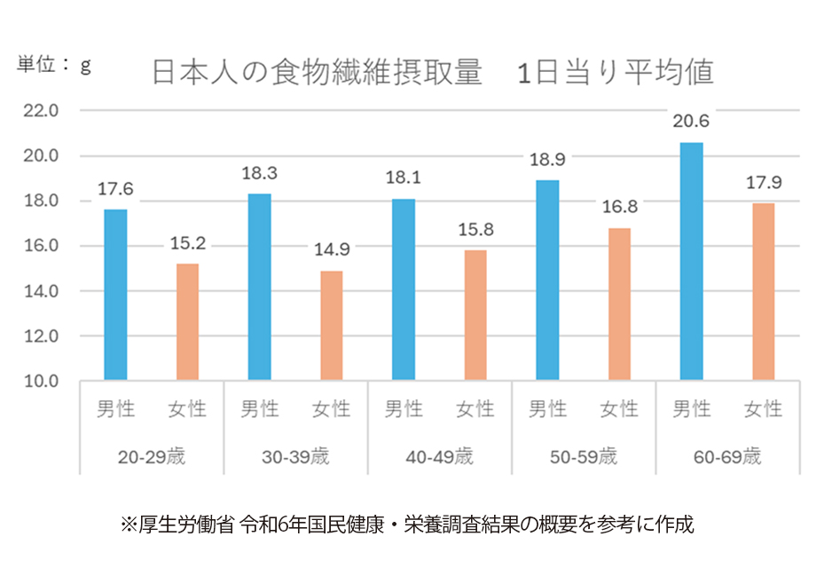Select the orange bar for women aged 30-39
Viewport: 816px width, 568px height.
pos(331,326)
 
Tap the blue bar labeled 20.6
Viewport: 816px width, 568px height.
pos(691,262)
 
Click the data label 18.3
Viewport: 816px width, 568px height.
pos(259,174)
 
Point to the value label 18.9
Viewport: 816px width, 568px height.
pos(547,161)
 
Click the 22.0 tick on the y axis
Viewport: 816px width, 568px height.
pos(40,111)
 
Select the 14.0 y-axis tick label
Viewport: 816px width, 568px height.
pos(40,291)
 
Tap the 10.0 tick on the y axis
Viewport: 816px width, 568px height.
pos(40,382)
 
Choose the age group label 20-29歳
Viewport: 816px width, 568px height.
pos(151,458)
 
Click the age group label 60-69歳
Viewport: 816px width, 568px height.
pos(726,458)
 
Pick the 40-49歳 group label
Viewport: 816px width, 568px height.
pos(439,458)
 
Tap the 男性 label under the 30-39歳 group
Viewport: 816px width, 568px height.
pos(259,409)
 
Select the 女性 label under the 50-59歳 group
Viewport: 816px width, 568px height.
pos(619,409)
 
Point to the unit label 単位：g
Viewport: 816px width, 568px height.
pos(54,65)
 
